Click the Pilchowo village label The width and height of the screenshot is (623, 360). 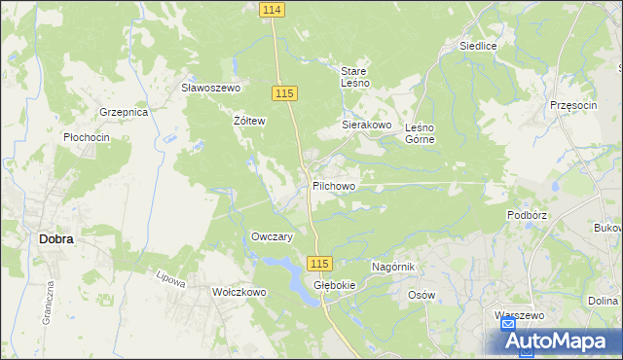click(x=334, y=185)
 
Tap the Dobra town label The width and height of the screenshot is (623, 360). click(x=56, y=237)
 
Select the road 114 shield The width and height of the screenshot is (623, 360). click(x=273, y=9)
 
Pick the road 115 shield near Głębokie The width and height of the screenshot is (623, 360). click(x=320, y=264)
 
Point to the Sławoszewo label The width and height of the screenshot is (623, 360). click(x=211, y=88)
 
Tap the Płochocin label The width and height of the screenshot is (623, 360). click(x=86, y=138)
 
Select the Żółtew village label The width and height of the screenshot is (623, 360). click(x=249, y=122)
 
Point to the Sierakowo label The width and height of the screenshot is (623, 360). click(x=366, y=126)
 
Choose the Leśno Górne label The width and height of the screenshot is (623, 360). click(x=419, y=133)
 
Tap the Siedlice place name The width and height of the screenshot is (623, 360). click(x=479, y=46)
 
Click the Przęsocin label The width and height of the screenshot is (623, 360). click(x=572, y=105)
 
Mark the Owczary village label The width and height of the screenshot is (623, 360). click(x=273, y=236)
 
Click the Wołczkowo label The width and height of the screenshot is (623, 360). click(x=239, y=292)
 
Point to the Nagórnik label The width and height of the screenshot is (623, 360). click(x=394, y=267)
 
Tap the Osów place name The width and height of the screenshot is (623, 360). click(x=421, y=295)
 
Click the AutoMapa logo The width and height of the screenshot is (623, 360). click(x=560, y=341)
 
